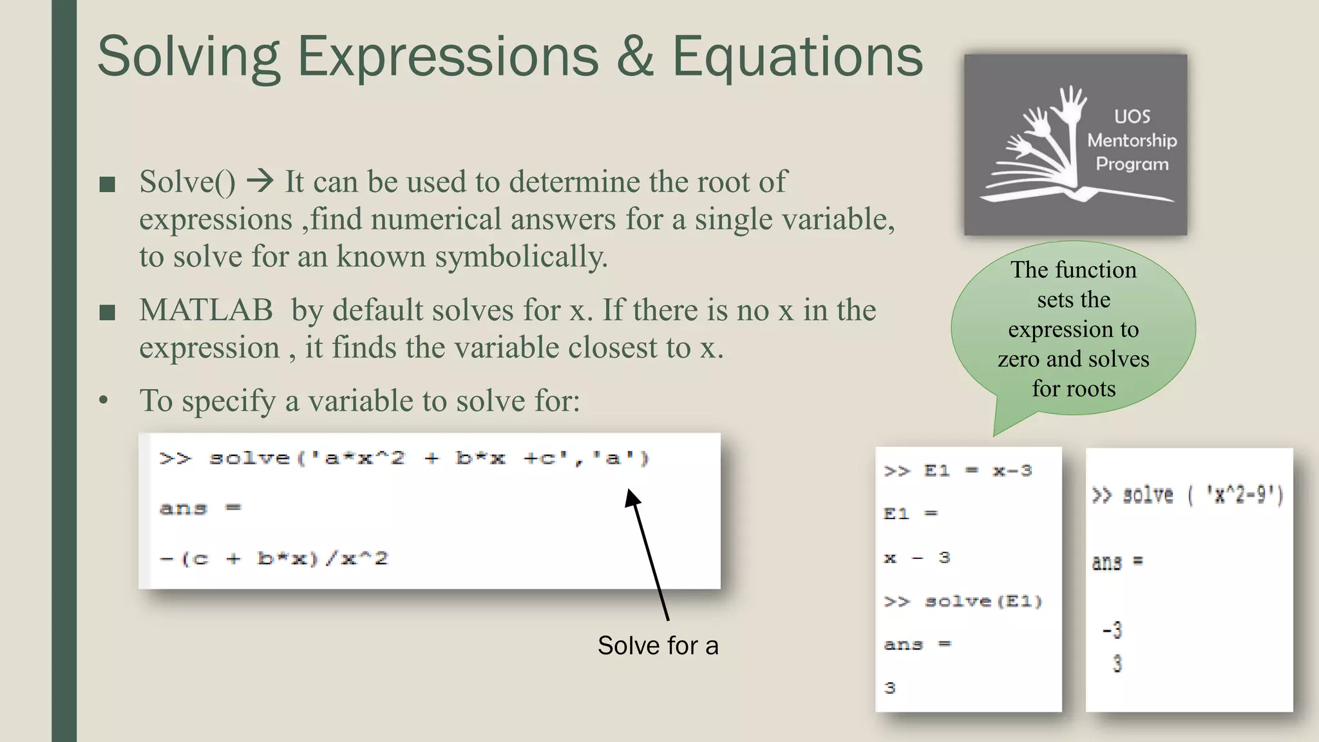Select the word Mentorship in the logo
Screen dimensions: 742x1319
click(x=1132, y=140)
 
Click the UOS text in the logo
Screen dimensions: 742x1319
click(x=1132, y=117)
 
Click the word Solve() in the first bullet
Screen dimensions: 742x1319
click(x=187, y=182)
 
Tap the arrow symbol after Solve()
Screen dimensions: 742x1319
click(x=260, y=181)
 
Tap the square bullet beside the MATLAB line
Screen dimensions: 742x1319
click(x=108, y=313)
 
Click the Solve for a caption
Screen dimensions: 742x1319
click(x=658, y=645)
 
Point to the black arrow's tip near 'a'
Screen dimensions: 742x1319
click(x=631, y=493)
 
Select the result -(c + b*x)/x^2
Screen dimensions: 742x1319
click(x=274, y=558)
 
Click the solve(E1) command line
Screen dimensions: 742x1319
click(x=963, y=602)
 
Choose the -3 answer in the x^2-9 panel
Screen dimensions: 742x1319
click(x=1112, y=629)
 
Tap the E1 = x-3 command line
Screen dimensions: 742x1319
click(x=958, y=471)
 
